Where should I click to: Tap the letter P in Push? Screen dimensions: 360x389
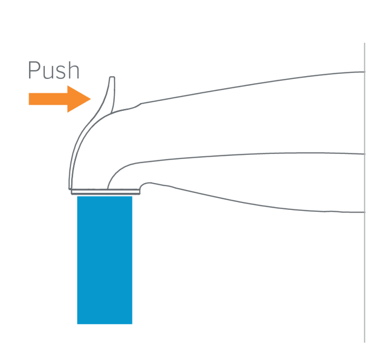[x=34, y=70]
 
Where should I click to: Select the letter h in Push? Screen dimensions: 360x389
[x=74, y=70]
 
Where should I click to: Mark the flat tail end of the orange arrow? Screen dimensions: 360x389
[x=30, y=99]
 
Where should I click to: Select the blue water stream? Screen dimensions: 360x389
[x=105, y=259]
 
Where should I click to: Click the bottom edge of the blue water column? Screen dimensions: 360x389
[x=105, y=323]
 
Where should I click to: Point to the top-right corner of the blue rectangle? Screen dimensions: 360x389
[x=132, y=196]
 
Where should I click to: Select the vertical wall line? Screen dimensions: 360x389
[x=364, y=194]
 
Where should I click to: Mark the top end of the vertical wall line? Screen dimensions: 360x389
[x=364, y=44]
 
